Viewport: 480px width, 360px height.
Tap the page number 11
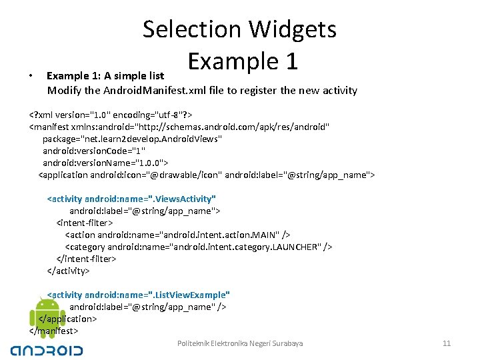pos(447,343)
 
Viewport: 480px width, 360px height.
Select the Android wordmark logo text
pos(47,350)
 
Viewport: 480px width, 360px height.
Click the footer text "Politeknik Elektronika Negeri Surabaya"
pos(240,343)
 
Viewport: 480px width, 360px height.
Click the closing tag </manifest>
pos(54,331)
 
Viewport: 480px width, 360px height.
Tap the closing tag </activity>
pos(68,271)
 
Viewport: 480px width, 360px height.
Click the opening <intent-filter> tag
pos(85,223)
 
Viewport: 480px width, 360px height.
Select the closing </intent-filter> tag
pos(87,259)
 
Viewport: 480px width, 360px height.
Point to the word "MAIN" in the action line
pos(265,235)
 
